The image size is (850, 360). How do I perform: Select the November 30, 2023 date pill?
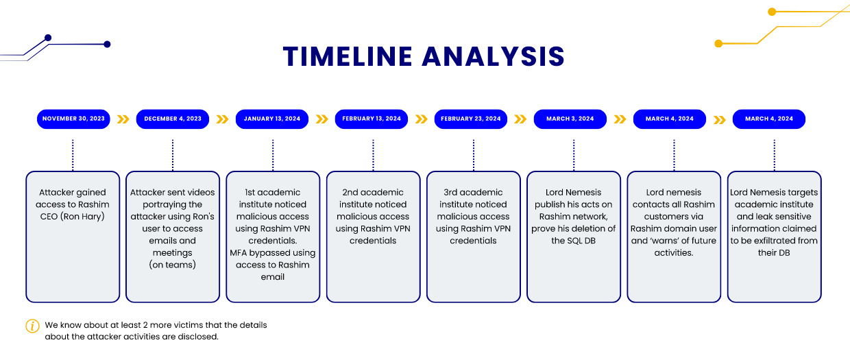pos(73,119)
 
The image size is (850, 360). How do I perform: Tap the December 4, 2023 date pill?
pos(173,119)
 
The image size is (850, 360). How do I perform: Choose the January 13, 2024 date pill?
pos(272,119)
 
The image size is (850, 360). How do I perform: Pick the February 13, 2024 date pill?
pos(372,119)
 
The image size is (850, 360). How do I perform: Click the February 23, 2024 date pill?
pos(471,119)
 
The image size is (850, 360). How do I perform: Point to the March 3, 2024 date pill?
pos(570,119)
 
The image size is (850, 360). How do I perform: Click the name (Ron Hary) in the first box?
pos(73,217)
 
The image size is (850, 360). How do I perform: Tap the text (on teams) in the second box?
pos(173,265)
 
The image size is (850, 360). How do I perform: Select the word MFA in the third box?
pos(241,252)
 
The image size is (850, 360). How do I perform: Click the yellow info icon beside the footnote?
pos(32,326)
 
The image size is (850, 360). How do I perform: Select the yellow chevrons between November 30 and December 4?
pos(123,119)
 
